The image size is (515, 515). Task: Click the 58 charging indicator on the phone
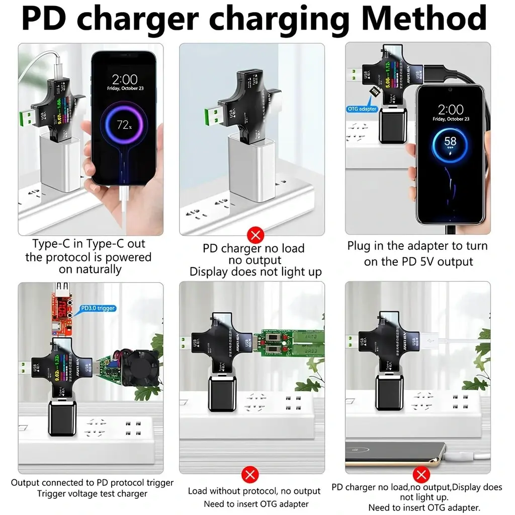pyautogui.click(x=450, y=142)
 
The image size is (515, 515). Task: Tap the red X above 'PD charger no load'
pyautogui.click(x=256, y=234)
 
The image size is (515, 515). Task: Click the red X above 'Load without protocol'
pyautogui.click(x=250, y=474)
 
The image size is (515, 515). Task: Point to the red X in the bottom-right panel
pyautogui.click(x=421, y=474)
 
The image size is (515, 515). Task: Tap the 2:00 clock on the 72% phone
pyautogui.click(x=124, y=79)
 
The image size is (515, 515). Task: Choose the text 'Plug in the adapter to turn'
pyautogui.click(x=417, y=246)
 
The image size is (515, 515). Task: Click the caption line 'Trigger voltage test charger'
pyautogui.click(x=92, y=494)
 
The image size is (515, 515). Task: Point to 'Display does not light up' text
pyautogui.click(x=255, y=273)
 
